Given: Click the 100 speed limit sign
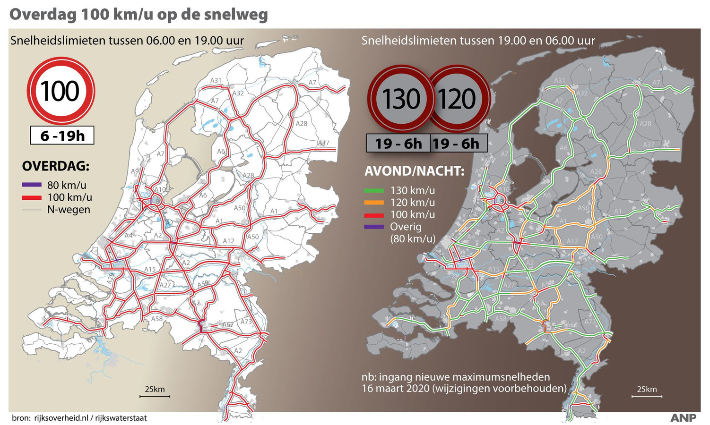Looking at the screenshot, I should click(x=61, y=91).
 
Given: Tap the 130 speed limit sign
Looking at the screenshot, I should click(x=401, y=99).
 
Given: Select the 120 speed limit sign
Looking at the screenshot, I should click(x=458, y=99).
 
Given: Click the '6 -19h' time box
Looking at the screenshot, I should click(x=62, y=136).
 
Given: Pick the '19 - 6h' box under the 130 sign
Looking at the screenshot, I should click(x=398, y=143).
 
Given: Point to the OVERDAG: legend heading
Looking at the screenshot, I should click(x=56, y=166).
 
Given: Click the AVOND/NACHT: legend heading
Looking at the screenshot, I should click(x=414, y=171).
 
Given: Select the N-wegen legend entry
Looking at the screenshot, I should click(x=68, y=210).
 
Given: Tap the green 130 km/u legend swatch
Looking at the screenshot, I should click(x=374, y=191).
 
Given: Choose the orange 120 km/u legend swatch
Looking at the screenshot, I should click(x=374, y=203).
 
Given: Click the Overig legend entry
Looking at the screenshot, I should click(x=405, y=227).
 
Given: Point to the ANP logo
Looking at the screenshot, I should click(x=683, y=418).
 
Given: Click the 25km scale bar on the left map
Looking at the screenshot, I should click(x=155, y=396).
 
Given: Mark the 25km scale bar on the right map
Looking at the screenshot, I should click(x=646, y=396).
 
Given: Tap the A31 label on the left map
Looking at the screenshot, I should click(x=216, y=81).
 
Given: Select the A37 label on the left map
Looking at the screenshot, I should click(x=323, y=143).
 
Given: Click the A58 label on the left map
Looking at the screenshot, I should click(x=157, y=319).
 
